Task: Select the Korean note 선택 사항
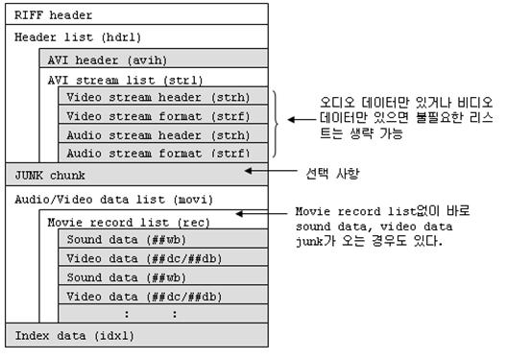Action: pos(331,173)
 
